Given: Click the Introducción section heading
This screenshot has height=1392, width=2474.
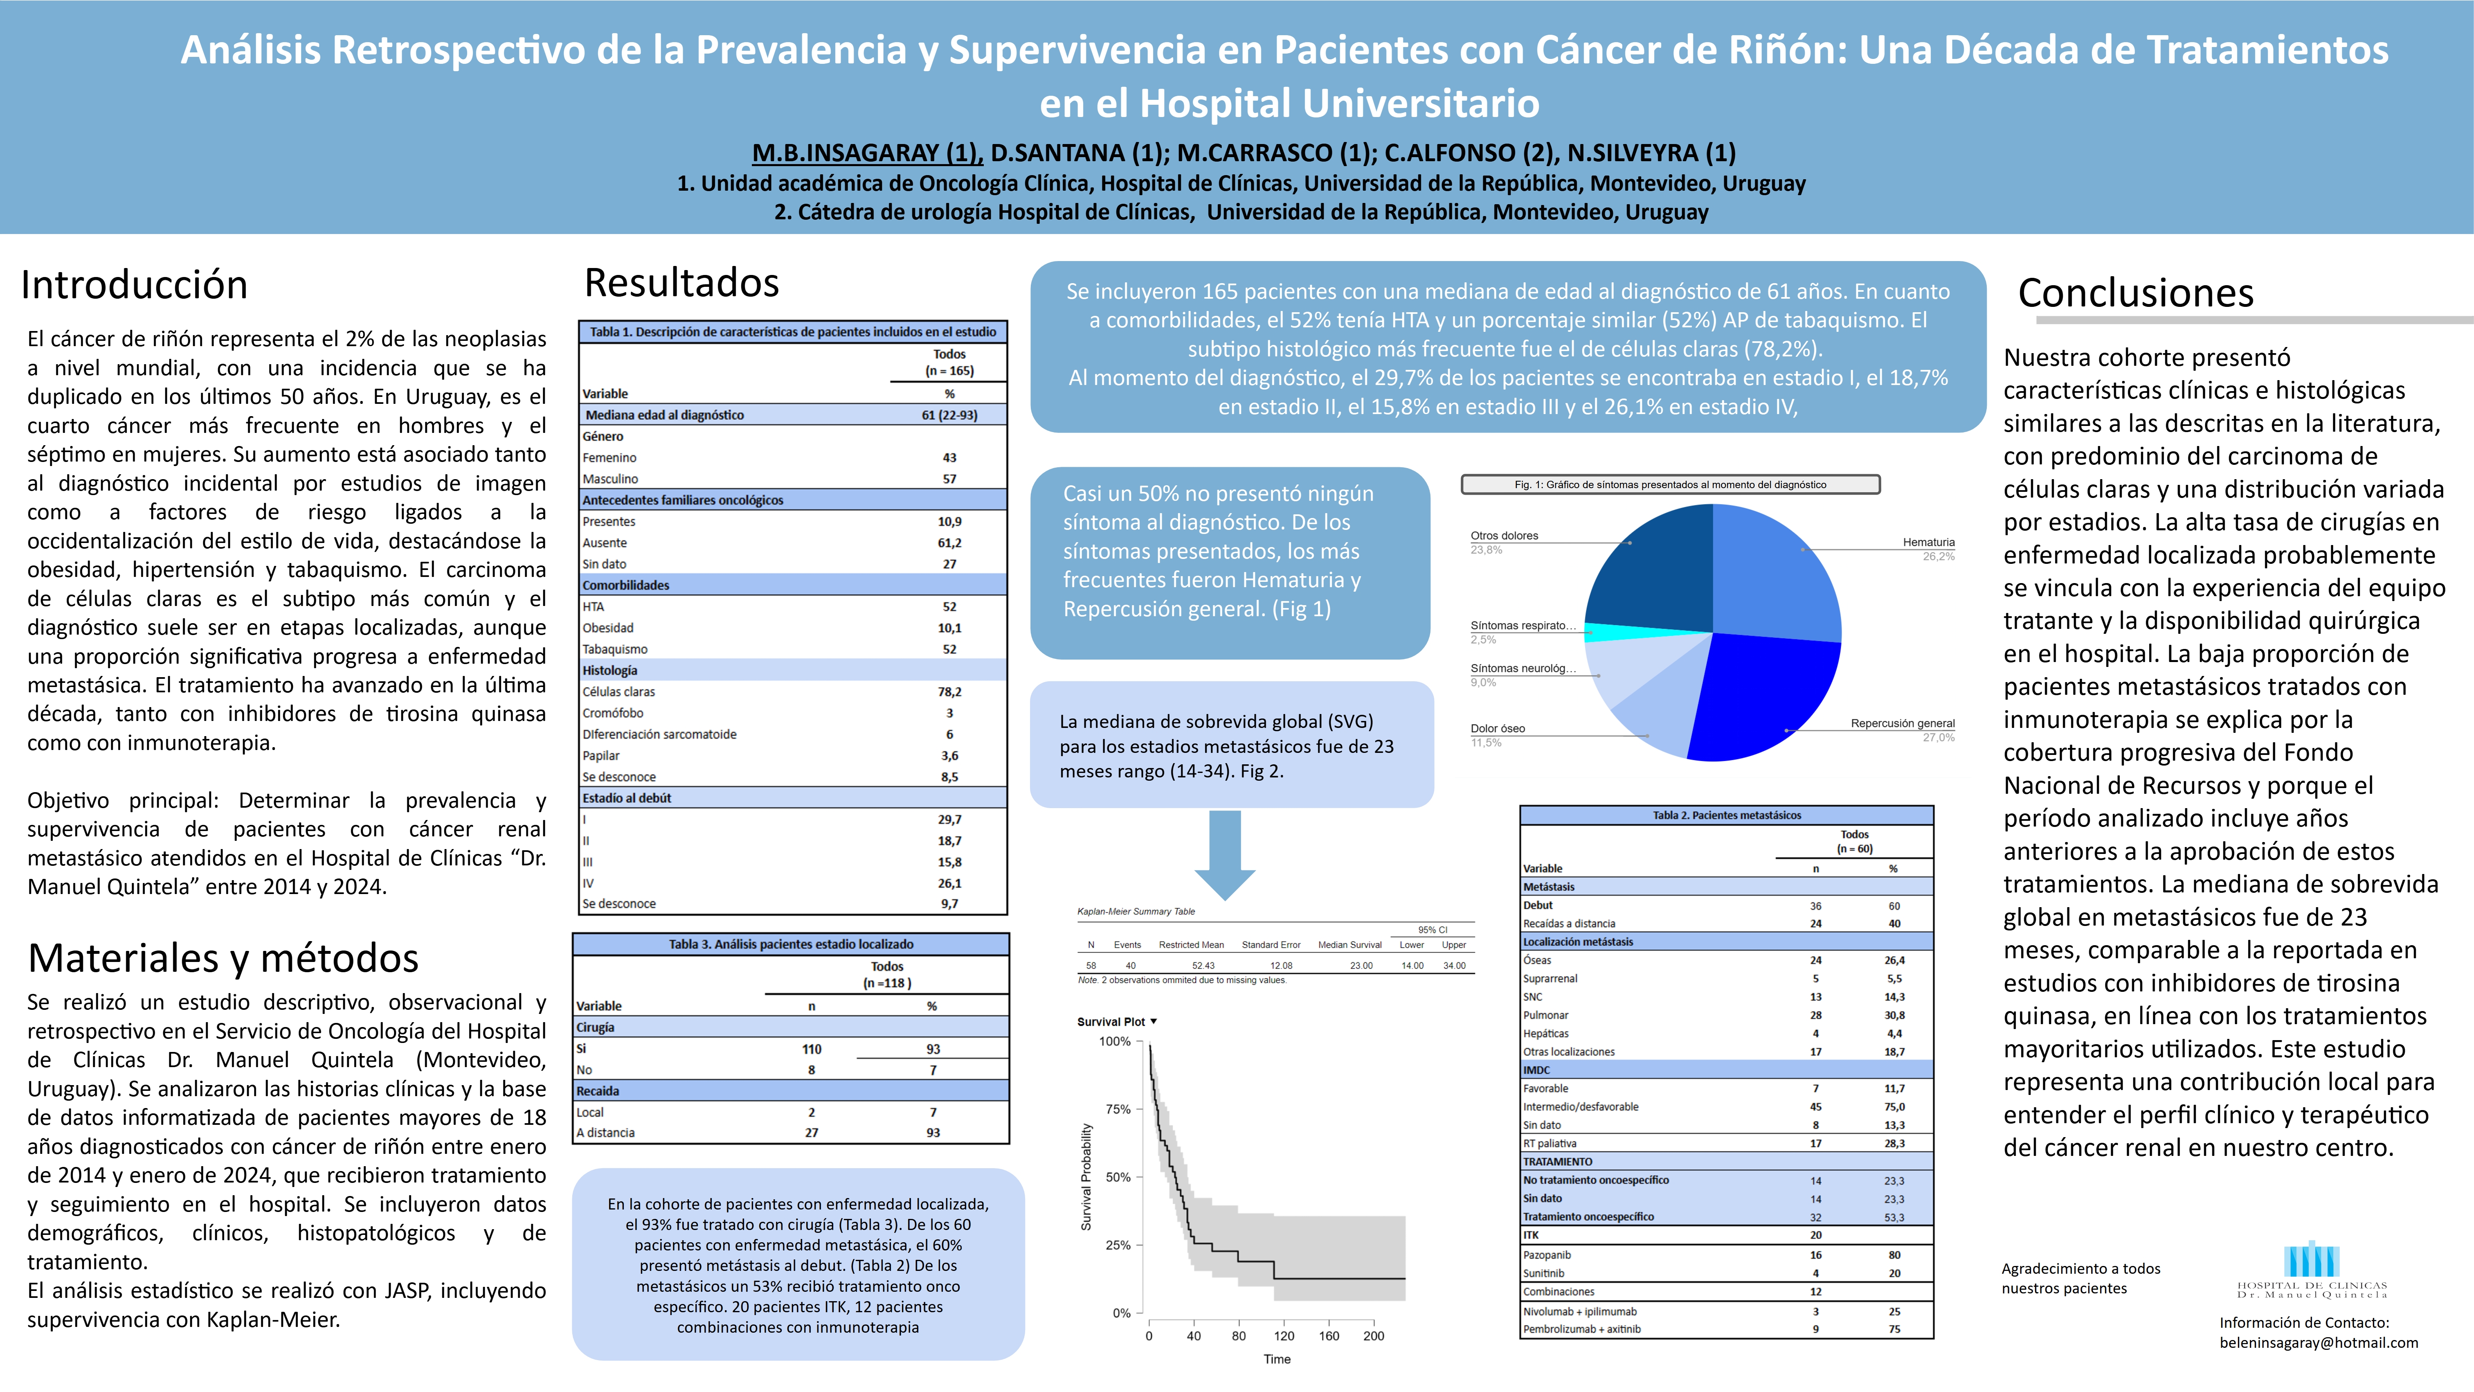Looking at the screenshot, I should (135, 285).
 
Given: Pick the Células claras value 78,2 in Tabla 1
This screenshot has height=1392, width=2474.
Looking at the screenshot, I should (949, 691).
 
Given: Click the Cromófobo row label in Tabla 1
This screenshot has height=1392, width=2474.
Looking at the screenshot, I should (613, 713).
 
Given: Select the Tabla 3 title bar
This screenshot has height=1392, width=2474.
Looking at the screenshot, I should (790, 944).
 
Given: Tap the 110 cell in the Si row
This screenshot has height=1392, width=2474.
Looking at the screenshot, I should (812, 1049).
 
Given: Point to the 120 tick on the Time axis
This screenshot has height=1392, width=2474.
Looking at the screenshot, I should (1284, 1335).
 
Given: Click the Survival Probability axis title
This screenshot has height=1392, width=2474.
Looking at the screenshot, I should (1086, 1177).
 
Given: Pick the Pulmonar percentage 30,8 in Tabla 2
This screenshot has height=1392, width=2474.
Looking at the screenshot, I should (1894, 1016).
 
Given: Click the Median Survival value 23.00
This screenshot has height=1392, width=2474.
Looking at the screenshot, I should (1361, 966).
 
